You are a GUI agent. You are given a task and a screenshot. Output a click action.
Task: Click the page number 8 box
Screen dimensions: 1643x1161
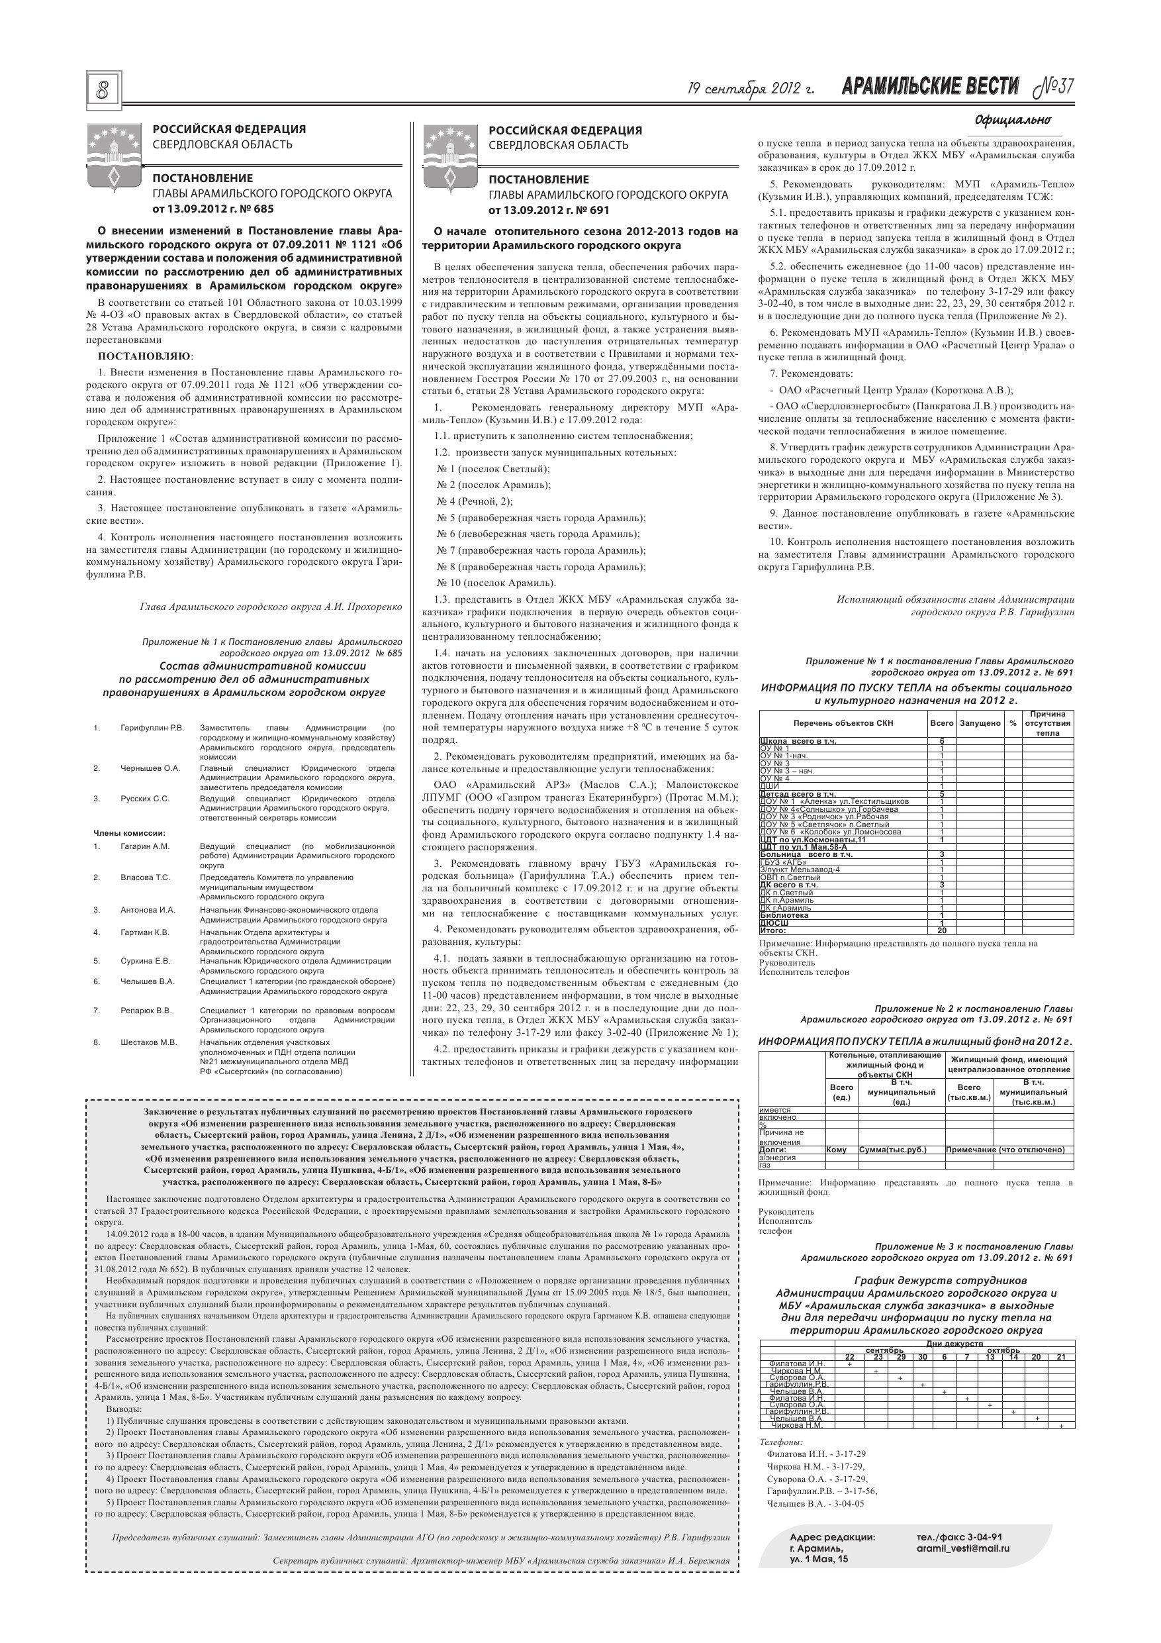click(103, 91)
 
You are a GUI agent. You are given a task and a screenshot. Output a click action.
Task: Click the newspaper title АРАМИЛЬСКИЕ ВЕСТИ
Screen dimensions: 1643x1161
click(930, 87)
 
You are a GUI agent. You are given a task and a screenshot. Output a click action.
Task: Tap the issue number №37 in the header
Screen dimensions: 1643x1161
click(1054, 87)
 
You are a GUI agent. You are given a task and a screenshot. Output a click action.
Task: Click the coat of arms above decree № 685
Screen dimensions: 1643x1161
click(113, 156)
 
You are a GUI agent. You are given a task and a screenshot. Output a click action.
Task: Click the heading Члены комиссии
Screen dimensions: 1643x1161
click(130, 832)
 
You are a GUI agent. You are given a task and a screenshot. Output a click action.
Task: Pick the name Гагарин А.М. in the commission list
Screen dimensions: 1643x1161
click(144, 846)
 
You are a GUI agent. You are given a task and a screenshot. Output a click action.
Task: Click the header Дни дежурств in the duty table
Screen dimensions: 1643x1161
click(954, 1343)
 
